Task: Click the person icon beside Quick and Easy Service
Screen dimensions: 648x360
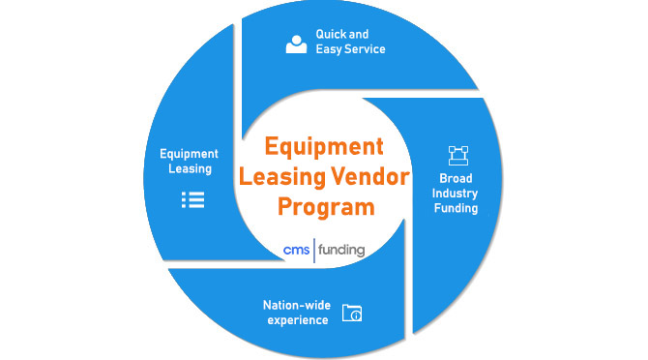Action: [x=296, y=44]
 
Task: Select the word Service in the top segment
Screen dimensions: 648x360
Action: [x=366, y=49]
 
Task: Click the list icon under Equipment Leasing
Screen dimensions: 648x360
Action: [x=193, y=200]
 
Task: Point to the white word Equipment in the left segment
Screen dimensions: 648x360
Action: [x=189, y=153]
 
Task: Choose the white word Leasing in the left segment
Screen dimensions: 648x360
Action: [x=190, y=168]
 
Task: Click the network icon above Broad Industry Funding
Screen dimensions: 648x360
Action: [x=457, y=155]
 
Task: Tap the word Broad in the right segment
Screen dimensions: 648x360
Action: [x=457, y=179]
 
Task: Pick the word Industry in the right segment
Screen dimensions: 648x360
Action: [x=457, y=195]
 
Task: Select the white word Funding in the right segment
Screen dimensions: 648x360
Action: [x=457, y=209]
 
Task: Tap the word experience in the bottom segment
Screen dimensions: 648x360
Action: [x=297, y=320]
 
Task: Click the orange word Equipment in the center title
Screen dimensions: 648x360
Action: [x=324, y=148]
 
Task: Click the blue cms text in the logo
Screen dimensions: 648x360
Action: [x=293, y=250]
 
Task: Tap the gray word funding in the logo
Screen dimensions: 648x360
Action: [x=341, y=250]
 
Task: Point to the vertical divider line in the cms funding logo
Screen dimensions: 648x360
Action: [x=312, y=250]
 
